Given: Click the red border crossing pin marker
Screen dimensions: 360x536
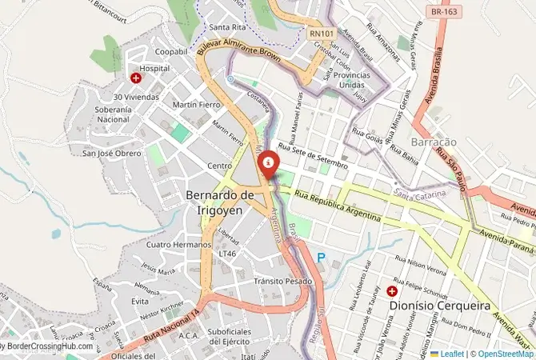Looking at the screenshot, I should pos(268,163).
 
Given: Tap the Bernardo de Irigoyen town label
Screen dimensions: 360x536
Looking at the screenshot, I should pos(219,202).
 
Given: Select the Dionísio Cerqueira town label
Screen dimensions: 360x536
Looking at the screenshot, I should pos(427,305).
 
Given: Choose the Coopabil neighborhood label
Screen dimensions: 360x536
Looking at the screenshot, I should pos(170,51).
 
